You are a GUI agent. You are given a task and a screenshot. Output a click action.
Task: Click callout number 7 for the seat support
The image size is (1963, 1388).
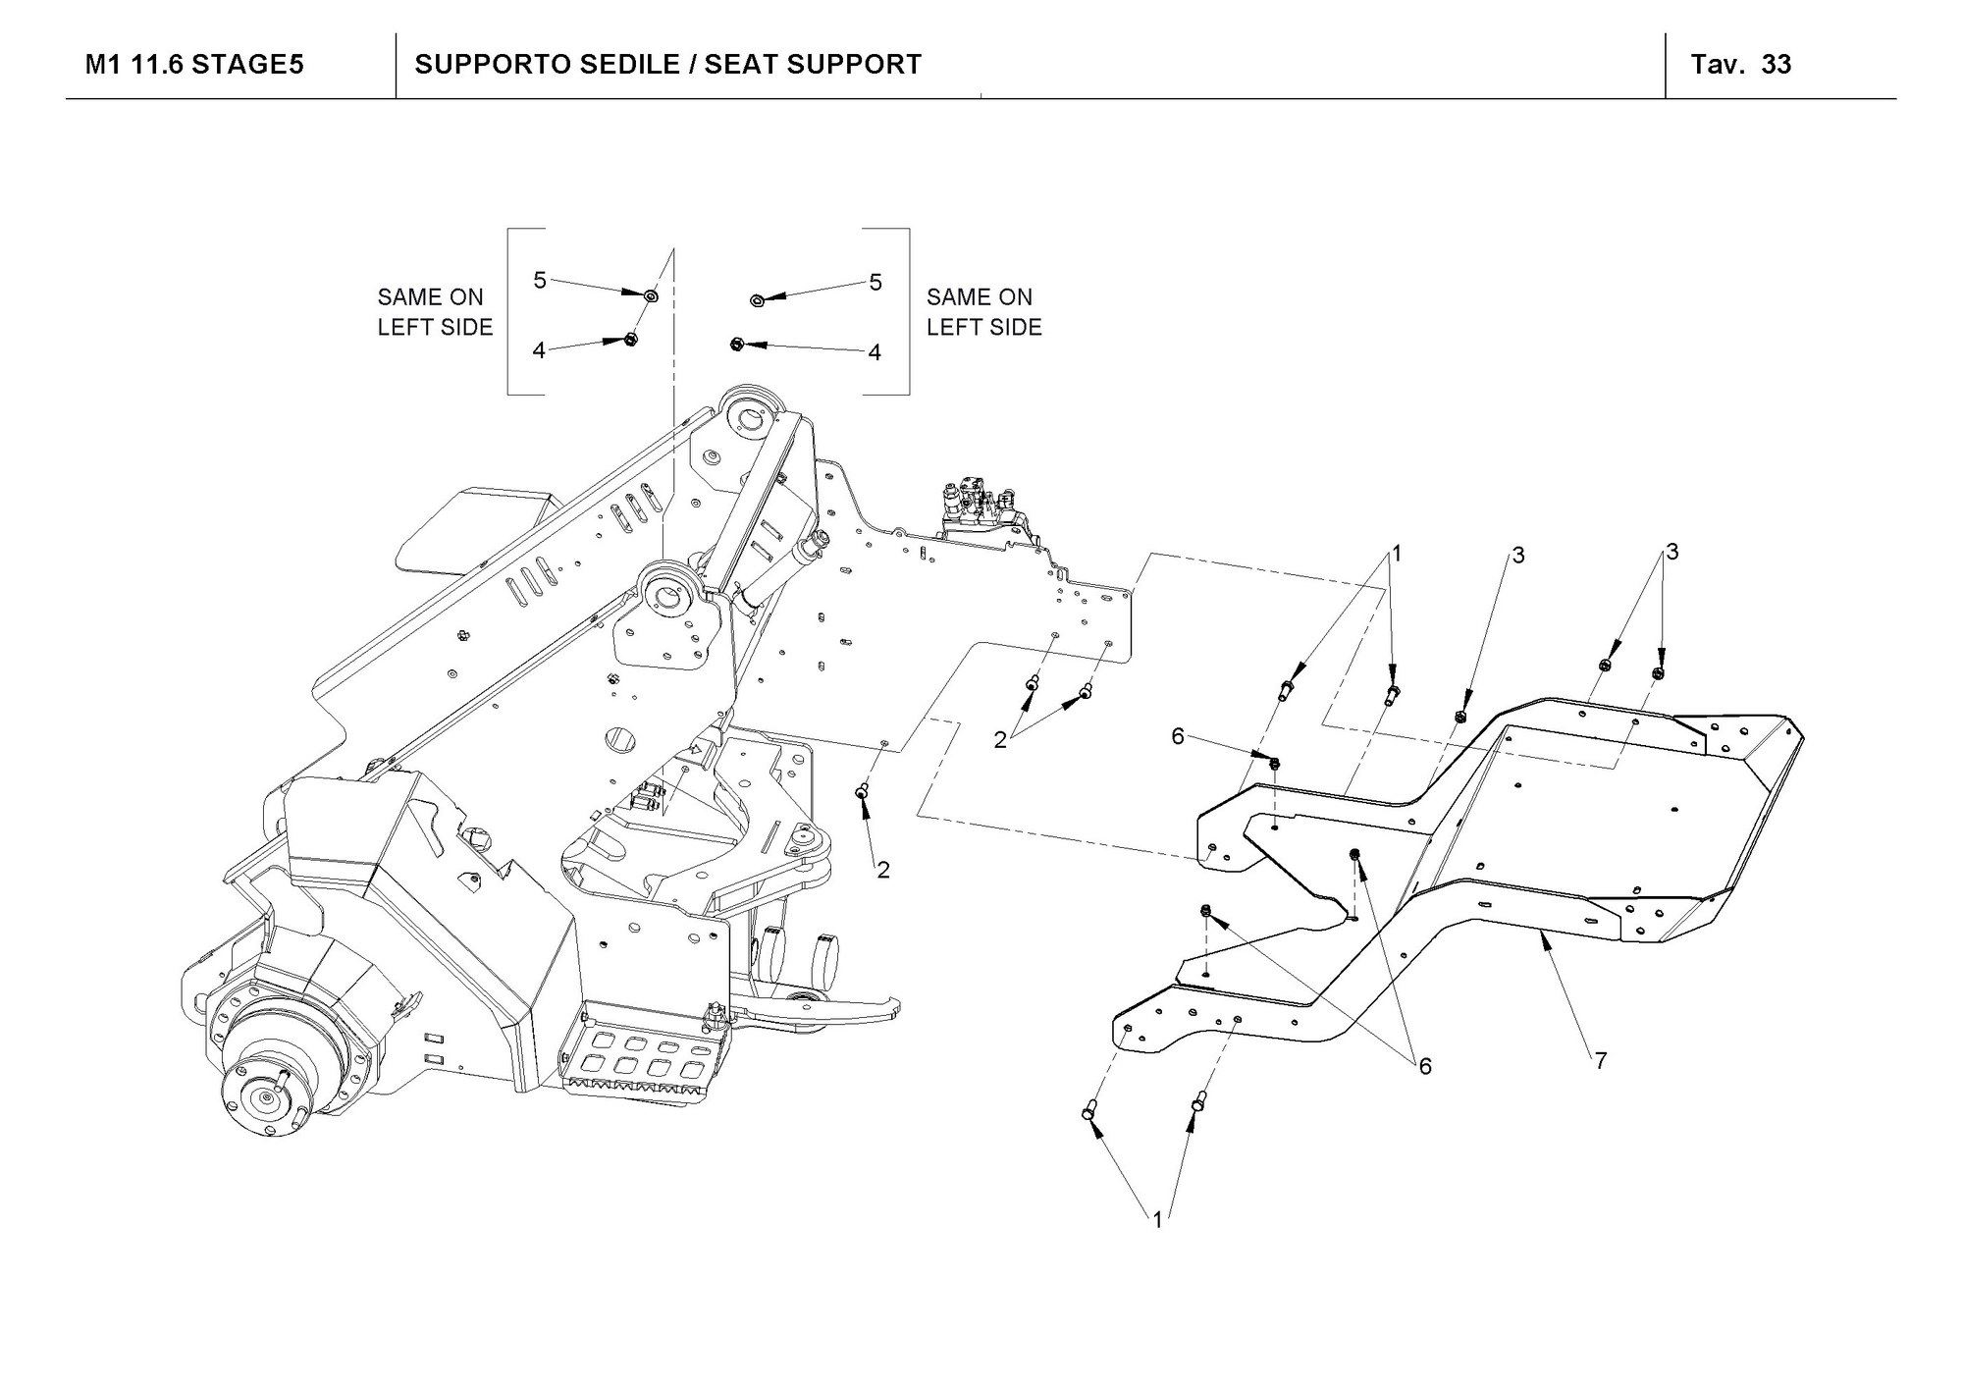(x=1600, y=1061)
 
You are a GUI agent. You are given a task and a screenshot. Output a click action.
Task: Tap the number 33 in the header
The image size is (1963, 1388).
(x=1777, y=65)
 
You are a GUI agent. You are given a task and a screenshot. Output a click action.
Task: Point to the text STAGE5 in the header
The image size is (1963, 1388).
(x=246, y=65)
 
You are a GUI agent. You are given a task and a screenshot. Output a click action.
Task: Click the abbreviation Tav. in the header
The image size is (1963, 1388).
(x=1718, y=65)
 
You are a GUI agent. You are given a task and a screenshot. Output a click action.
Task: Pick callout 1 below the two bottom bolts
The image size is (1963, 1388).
(x=1157, y=1220)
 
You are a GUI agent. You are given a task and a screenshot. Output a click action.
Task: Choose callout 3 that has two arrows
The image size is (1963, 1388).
(x=1671, y=553)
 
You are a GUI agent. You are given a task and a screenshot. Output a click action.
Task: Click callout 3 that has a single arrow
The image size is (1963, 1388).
(x=1517, y=557)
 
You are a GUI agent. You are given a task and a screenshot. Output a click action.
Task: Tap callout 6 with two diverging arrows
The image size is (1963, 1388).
(x=1425, y=1066)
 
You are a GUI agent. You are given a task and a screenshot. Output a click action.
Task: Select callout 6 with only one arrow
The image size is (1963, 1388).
(x=1178, y=736)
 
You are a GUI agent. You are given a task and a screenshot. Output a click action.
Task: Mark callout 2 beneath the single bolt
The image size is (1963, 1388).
(x=883, y=870)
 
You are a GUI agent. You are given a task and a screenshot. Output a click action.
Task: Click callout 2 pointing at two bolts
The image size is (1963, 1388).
(x=1000, y=741)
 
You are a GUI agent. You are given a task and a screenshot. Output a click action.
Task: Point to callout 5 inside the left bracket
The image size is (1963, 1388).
(x=540, y=281)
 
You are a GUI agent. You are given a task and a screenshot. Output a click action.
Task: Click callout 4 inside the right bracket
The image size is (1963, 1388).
(x=875, y=352)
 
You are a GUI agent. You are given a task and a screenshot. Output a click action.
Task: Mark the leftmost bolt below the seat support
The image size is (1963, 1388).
(x=1088, y=1112)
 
